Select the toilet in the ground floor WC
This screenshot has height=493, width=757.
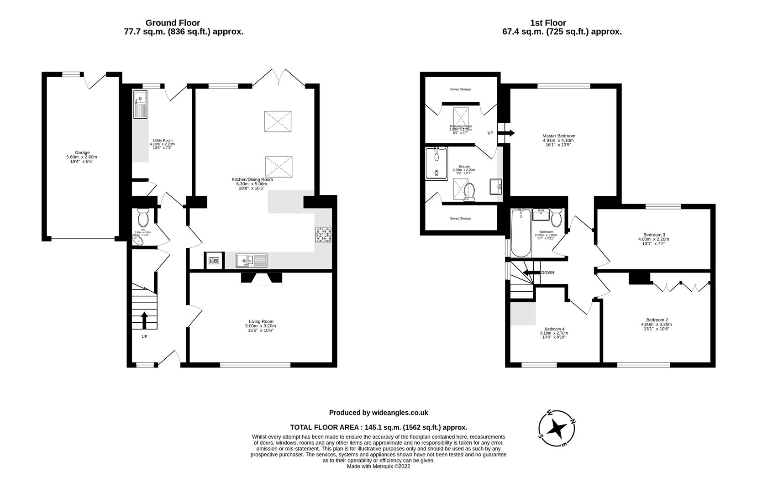click(x=143, y=219)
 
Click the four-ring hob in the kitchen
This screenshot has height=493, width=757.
click(x=323, y=235)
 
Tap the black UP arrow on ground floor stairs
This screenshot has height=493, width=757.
click(x=144, y=320)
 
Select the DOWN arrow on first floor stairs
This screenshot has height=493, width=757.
click(x=531, y=273)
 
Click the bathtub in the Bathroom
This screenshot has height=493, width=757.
click(x=520, y=233)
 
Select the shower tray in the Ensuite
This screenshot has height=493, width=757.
click(x=436, y=164)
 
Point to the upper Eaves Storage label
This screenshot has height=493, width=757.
click(x=460, y=89)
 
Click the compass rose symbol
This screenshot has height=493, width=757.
click(x=557, y=428)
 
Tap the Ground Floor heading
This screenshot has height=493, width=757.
click(x=173, y=23)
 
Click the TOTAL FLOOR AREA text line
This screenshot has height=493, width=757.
click(x=378, y=428)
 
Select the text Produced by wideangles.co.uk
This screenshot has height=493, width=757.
click(x=378, y=413)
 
